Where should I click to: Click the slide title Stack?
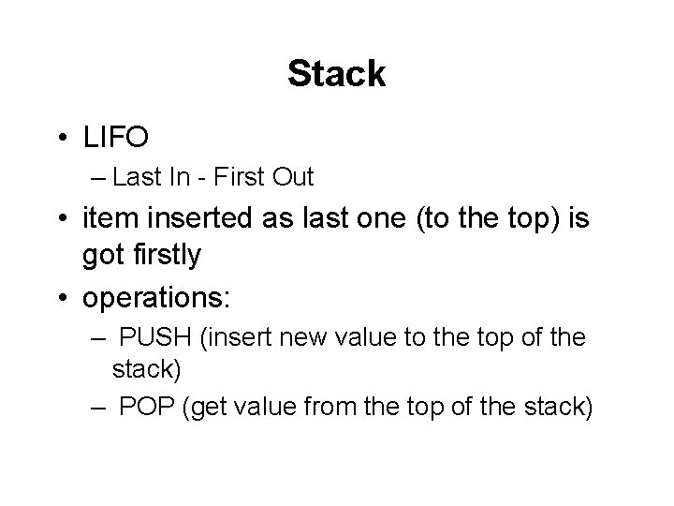336,74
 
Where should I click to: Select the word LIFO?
115,139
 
